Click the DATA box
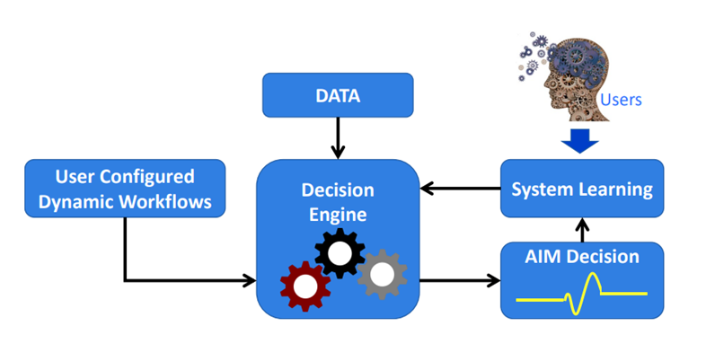[x=338, y=96]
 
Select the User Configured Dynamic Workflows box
[x=125, y=189]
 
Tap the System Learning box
[x=582, y=189]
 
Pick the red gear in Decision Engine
[x=305, y=286]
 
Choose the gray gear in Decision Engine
[x=382, y=273]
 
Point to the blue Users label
[x=621, y=99]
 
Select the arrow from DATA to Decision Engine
[x=338, y=138]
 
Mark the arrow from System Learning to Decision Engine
[x=460, y=189]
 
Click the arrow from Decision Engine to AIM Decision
[x=460, y=280]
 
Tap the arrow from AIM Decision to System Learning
[x=582, y=231]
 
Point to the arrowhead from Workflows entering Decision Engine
[x=249, y=281]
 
